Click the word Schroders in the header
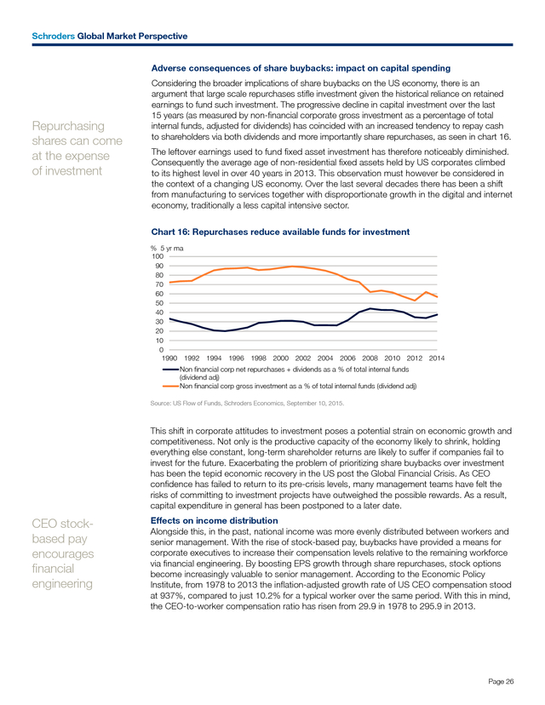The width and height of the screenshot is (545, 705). (53, 36)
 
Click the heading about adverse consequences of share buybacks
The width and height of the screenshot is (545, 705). (301, 68)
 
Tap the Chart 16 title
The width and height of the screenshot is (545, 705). (280, 232)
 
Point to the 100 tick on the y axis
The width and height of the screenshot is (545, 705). (158, 256)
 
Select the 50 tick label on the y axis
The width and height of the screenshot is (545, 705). (159, 303)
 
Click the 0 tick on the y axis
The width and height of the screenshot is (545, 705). (162, 350)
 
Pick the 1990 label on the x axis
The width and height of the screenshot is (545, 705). (169, 358)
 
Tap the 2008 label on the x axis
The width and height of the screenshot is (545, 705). (370, 358)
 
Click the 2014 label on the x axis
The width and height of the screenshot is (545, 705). (437, 358)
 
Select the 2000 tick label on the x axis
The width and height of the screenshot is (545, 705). (281, 358)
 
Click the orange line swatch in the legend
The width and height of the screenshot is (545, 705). (171, 386)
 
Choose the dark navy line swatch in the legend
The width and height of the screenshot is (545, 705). (171, 370)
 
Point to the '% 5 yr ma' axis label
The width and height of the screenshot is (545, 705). (167, 248)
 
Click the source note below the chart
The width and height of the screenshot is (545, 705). (247, 404)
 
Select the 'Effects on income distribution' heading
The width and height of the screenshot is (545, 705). (214, 520)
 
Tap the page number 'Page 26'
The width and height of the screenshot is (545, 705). (501, 682)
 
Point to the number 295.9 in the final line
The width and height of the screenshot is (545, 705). (431, 606)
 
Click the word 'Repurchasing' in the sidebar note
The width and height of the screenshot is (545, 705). (68, 126)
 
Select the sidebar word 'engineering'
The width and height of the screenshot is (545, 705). (62, 584)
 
